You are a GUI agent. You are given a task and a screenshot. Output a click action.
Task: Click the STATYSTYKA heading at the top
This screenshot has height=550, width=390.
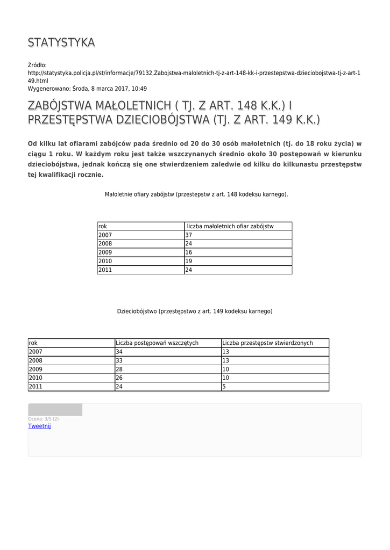click(61, 42)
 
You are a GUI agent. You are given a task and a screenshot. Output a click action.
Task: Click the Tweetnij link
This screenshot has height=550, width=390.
click(39, 426)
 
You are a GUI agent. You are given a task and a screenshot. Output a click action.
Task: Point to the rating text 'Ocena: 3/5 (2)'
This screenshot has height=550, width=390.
click(44, 419)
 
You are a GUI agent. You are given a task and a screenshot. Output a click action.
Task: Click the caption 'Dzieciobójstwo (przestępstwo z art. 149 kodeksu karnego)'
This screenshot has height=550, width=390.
click(195, 311)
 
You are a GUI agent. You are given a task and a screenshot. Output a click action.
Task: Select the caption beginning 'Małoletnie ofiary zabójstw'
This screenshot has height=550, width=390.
click(196, 194)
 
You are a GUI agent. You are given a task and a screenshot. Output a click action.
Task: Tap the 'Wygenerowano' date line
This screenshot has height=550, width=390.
click(87, 89)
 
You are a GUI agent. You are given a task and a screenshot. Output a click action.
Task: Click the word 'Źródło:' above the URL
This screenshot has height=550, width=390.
click(38, 65)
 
